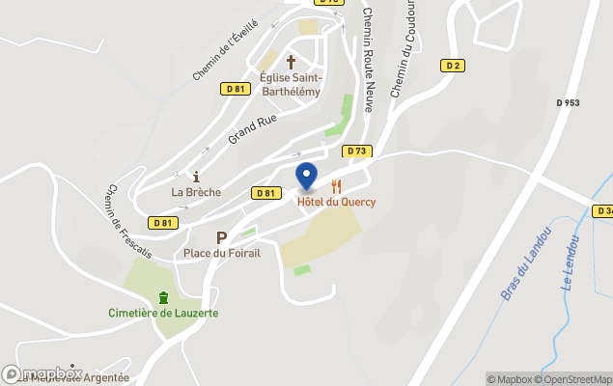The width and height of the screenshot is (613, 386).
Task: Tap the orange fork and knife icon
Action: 337,186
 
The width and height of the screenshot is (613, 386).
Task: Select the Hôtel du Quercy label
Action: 336,202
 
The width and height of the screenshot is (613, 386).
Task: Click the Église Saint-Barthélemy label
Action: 292,84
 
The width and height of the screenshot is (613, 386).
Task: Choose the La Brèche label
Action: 196,192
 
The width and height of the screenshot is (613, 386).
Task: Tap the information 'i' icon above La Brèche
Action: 196,177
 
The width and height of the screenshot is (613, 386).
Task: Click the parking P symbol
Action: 221,237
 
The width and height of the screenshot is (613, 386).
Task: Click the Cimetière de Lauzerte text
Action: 162,313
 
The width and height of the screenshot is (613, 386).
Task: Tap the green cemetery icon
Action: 162,296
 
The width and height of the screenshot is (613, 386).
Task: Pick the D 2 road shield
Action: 453,66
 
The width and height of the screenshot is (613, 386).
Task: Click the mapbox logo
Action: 42,373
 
